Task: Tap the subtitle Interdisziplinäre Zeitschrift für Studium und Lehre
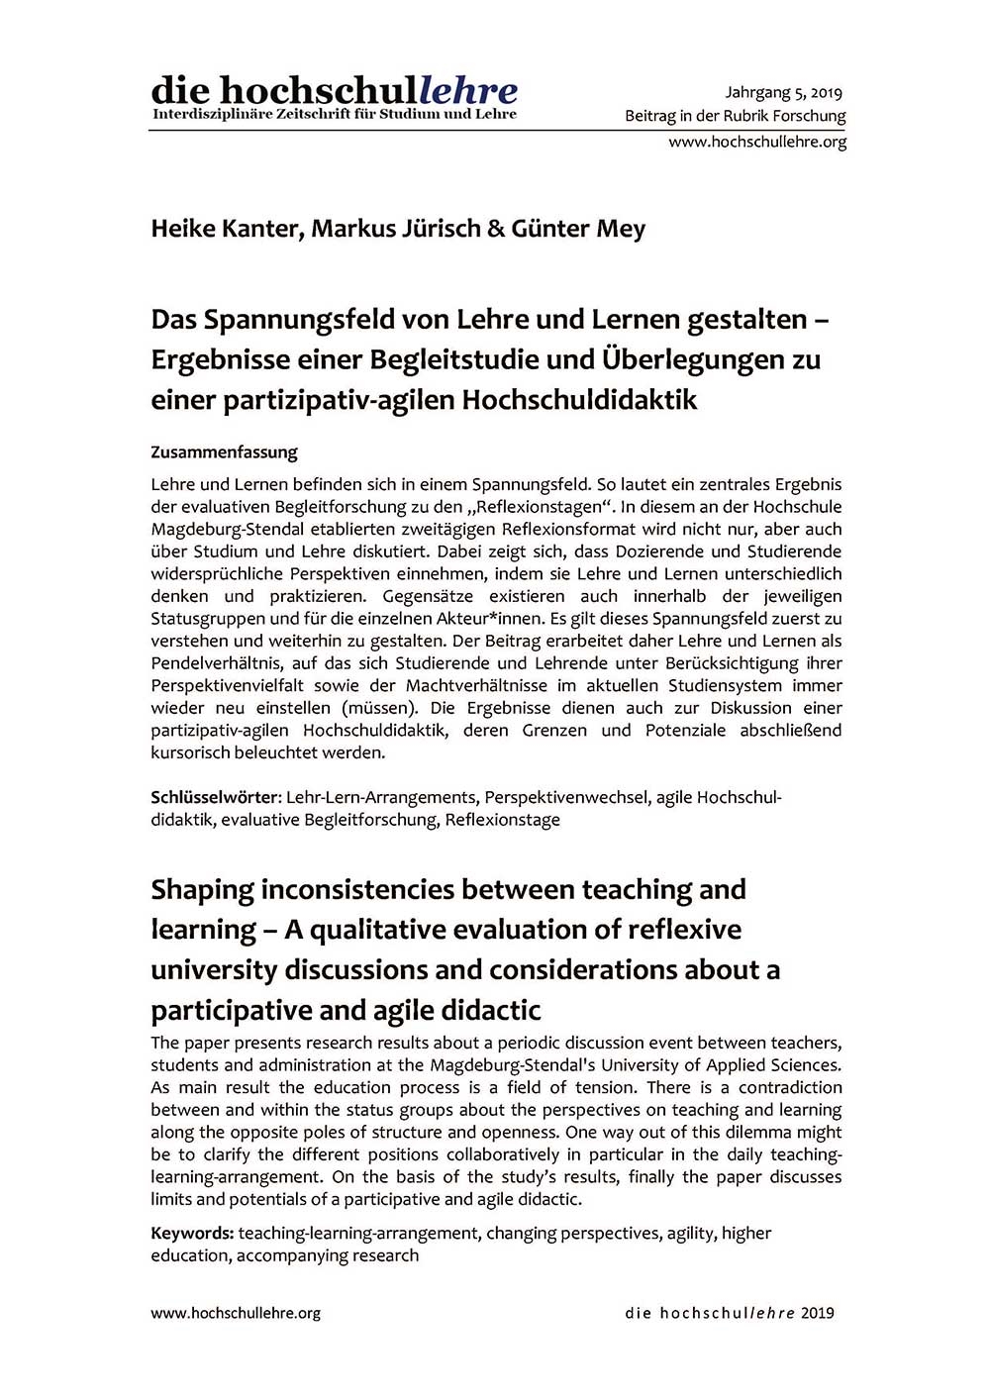tap(334, 115)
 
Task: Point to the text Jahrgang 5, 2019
tap(783, 93)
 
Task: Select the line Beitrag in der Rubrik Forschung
tap(735, 116)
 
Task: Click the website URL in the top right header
tap(757, 142)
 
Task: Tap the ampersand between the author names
tap(496, 229)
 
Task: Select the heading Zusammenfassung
tap(224, 452)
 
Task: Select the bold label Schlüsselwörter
tap(216, 797)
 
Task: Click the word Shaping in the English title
tap(202, 890)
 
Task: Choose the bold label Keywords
tap(192, 1233)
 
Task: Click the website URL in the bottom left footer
tap(236, 1313)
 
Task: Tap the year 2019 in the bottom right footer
tap(818, 1313)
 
